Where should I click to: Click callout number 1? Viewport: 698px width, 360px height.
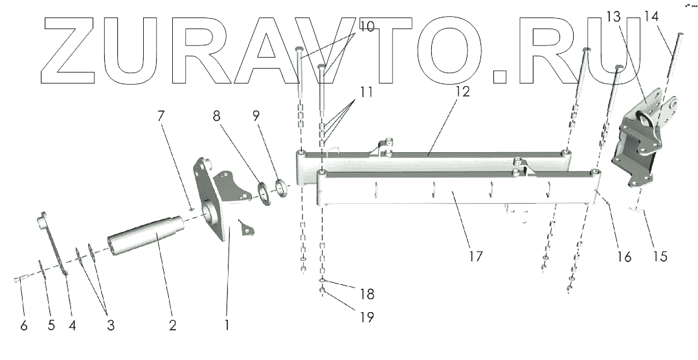tap(227, 325)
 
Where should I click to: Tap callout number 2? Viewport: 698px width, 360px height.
tap(173, 325)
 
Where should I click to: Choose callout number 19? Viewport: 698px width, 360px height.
tap(366, 317)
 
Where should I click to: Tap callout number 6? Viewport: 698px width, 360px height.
tap(24, 325)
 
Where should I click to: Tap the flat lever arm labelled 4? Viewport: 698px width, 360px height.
tap(54, 243)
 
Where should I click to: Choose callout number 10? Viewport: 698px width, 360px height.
tap(366, 28)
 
